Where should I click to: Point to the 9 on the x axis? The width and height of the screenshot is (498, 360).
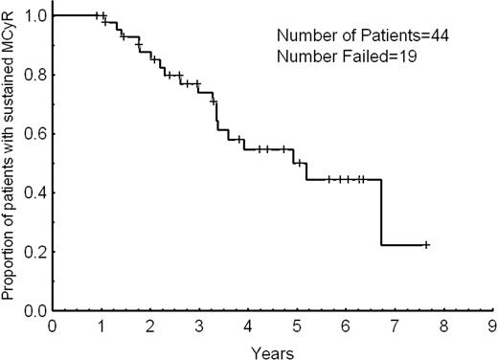[492, 326]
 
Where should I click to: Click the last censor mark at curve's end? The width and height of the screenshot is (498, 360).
[426, 245]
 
